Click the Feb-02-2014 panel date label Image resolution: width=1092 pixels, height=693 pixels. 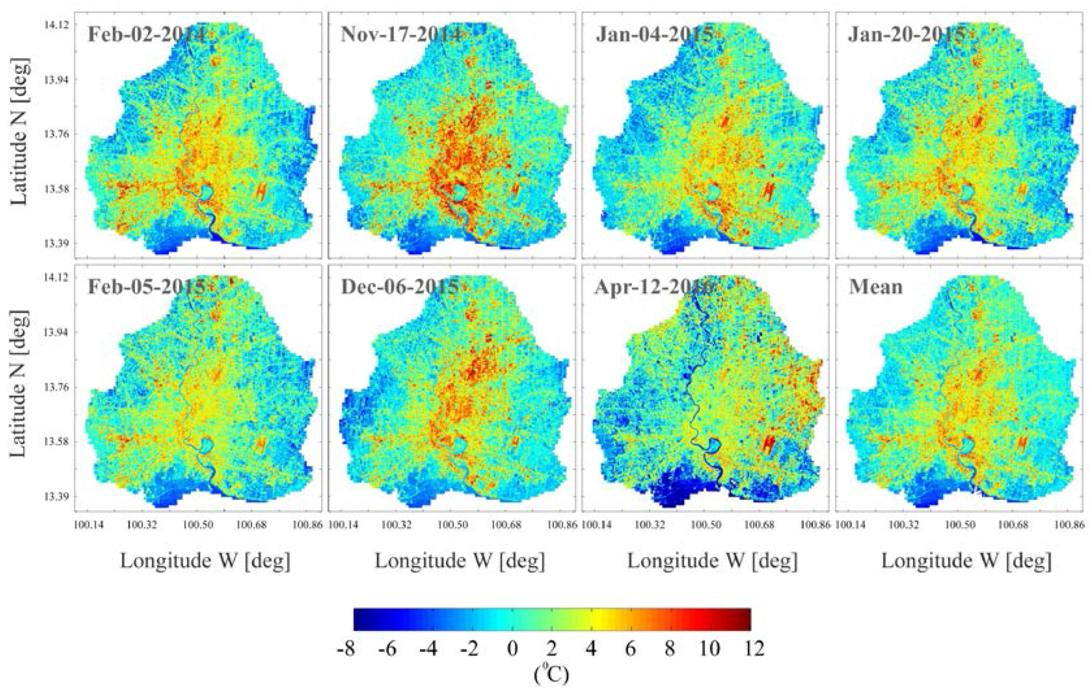tap(146, 34)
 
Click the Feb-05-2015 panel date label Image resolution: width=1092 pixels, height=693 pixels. tap(146, 287)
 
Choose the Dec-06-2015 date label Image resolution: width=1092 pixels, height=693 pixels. tap(399, 287)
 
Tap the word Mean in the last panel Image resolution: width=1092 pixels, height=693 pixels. tap(876, 287)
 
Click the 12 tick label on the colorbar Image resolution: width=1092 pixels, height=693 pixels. tap(750, 649)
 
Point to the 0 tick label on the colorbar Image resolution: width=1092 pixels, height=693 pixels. tap(512, 649)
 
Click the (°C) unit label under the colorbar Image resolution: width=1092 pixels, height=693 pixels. tap(551, 675)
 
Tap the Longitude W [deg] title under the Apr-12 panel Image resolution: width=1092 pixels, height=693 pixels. tap(713, 561)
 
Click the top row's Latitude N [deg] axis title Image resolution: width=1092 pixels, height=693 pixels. tap(20, 131)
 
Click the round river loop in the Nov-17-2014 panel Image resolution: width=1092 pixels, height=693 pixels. tap(460, 193)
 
